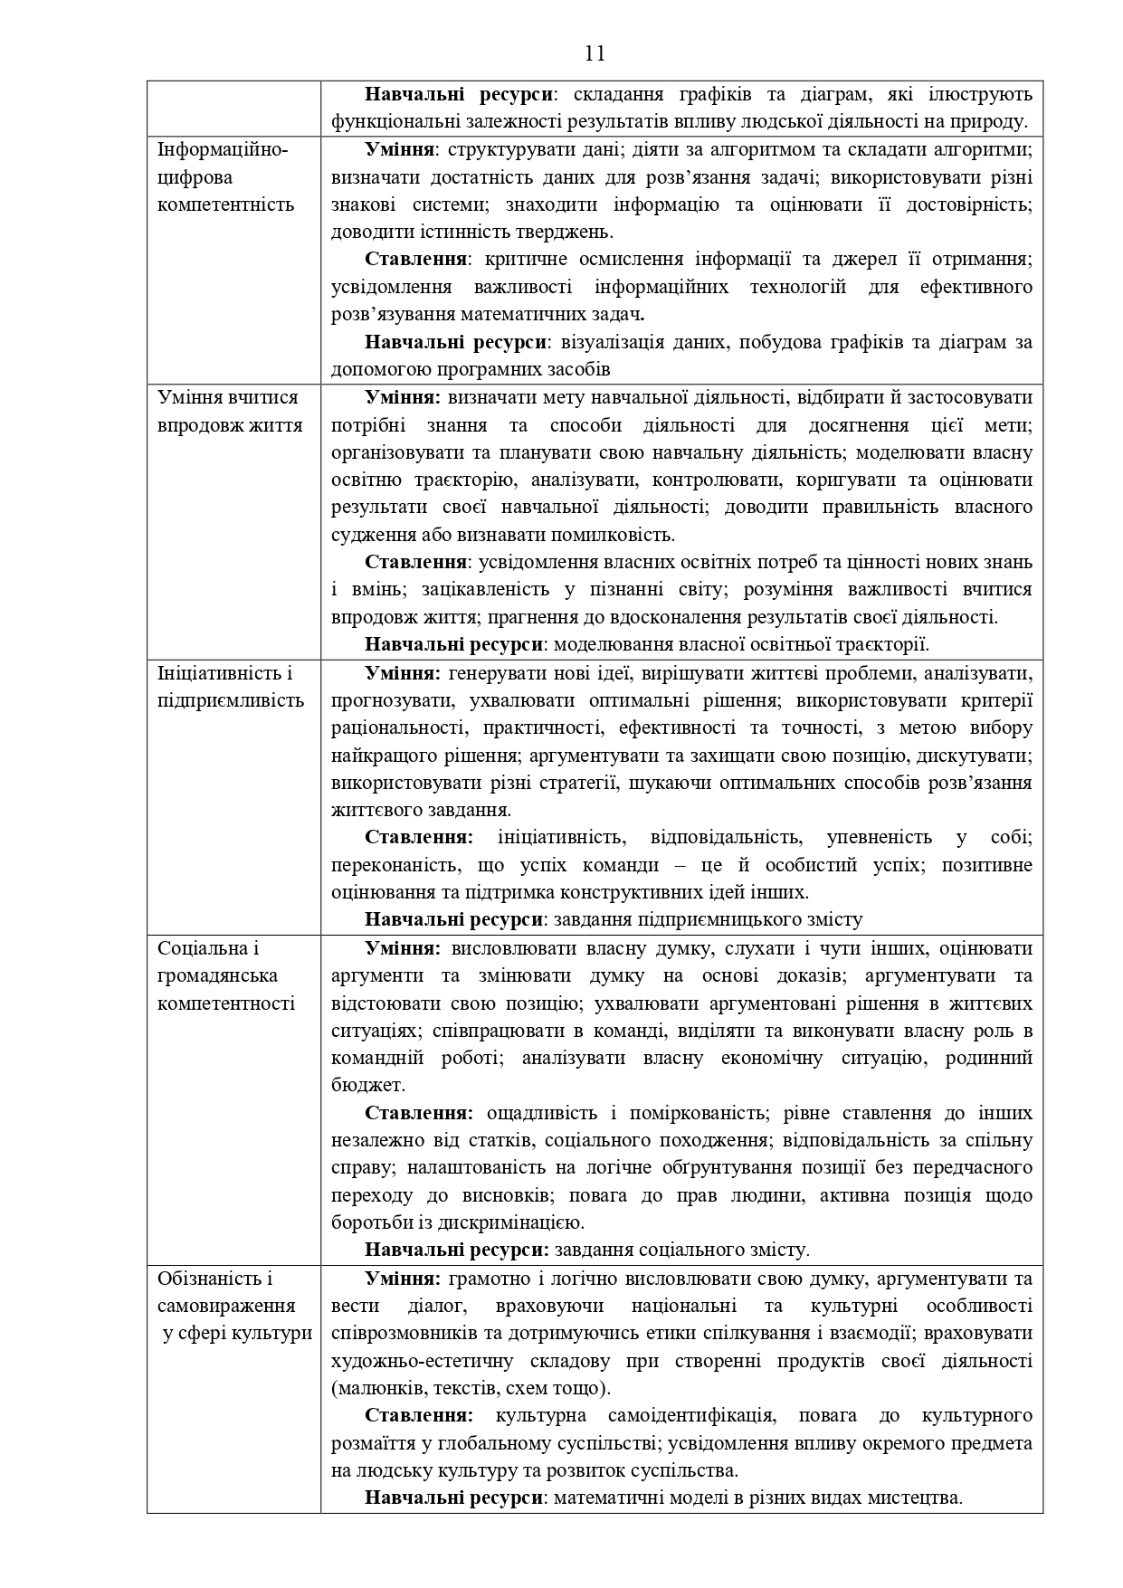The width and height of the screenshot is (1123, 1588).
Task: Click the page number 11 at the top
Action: coord(595,52)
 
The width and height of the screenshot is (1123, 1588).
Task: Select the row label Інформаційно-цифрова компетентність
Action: coord(225,177)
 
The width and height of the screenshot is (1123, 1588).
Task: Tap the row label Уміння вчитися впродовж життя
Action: coord(230,412)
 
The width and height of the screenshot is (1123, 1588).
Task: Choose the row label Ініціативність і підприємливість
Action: coord(231,687)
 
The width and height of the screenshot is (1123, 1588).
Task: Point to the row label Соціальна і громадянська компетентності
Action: coord(225,975)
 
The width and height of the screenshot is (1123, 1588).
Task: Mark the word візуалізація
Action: coord(611,342)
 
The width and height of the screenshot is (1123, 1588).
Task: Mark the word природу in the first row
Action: coord(994,121)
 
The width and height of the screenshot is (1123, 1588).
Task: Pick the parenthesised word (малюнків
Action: coord(378,1388)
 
